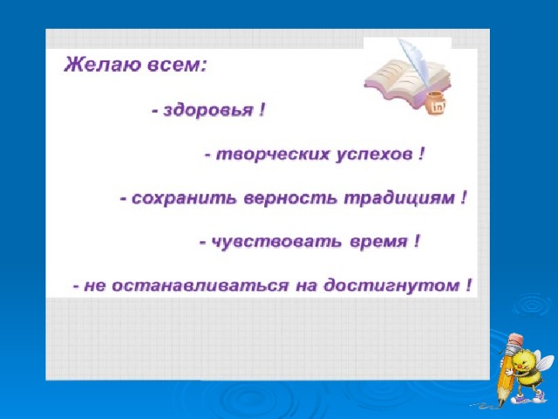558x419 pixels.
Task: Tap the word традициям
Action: [x=398, y=199]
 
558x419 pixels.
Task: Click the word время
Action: [x=378, y=243]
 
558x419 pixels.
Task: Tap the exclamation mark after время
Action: [x=417, y=242]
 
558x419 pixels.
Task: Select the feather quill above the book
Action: [x=415, y=60]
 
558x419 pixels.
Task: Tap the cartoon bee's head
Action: [x=525, y=362]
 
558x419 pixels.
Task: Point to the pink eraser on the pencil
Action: [x=515, y=338]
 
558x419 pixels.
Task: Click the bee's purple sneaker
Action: [x=537, y=395]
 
